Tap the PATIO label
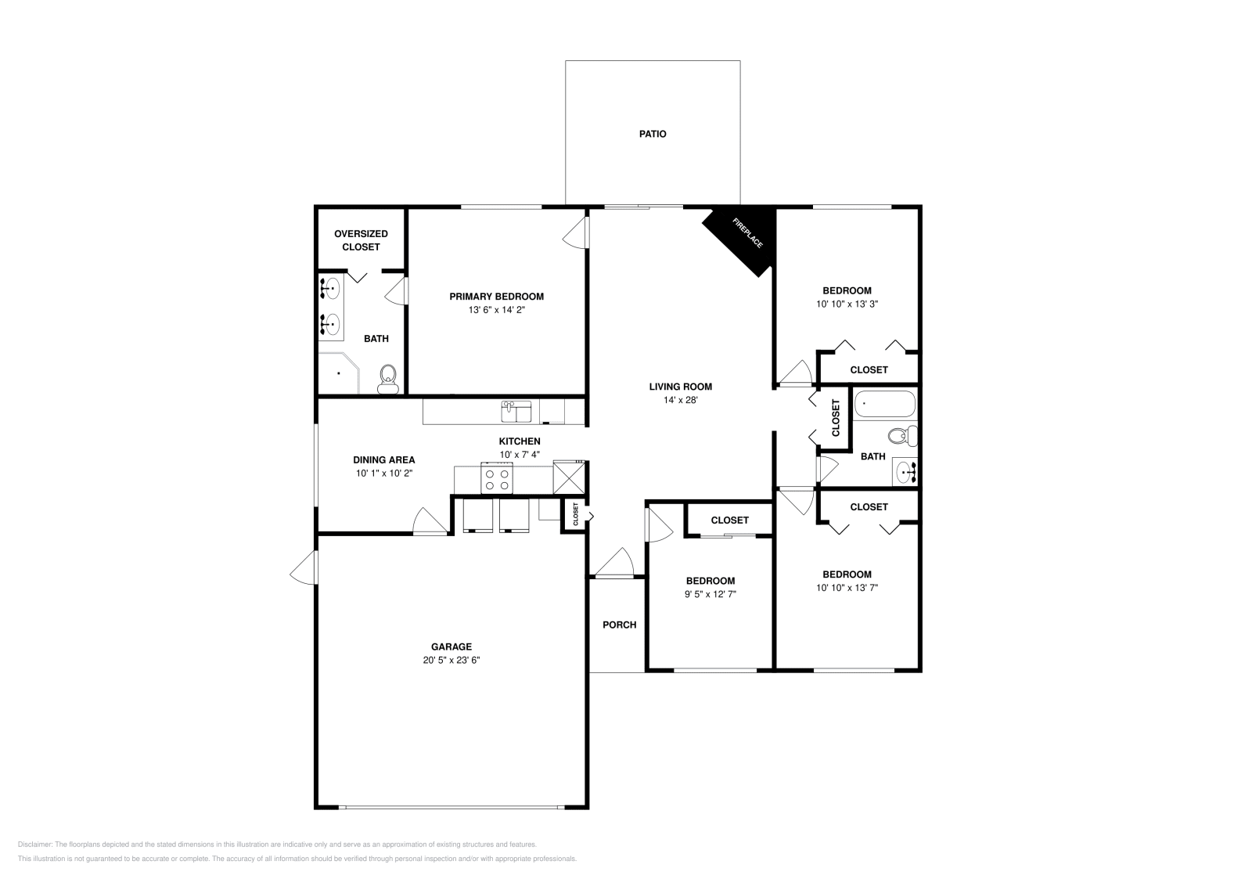[x=653, y=134]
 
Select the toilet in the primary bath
[x=387, y=380]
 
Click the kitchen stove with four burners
[x=496, y=478]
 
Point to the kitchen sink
[x=516, y=411]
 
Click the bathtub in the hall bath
[x=884, y=405]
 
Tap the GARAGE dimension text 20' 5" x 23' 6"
[x=452, y=660]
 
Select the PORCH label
[x=619, y=625]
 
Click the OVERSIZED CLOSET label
[x=361, y=240]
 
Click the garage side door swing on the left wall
[x=304, y=568]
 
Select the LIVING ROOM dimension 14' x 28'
[x=680, y=400]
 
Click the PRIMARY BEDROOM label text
[x=496, y=297]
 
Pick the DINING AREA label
[x=383, y=460]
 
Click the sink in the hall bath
[x=905, y=472]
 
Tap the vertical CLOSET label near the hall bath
[x=836, y=418]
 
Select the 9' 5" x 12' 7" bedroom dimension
[x=710, y=594]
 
